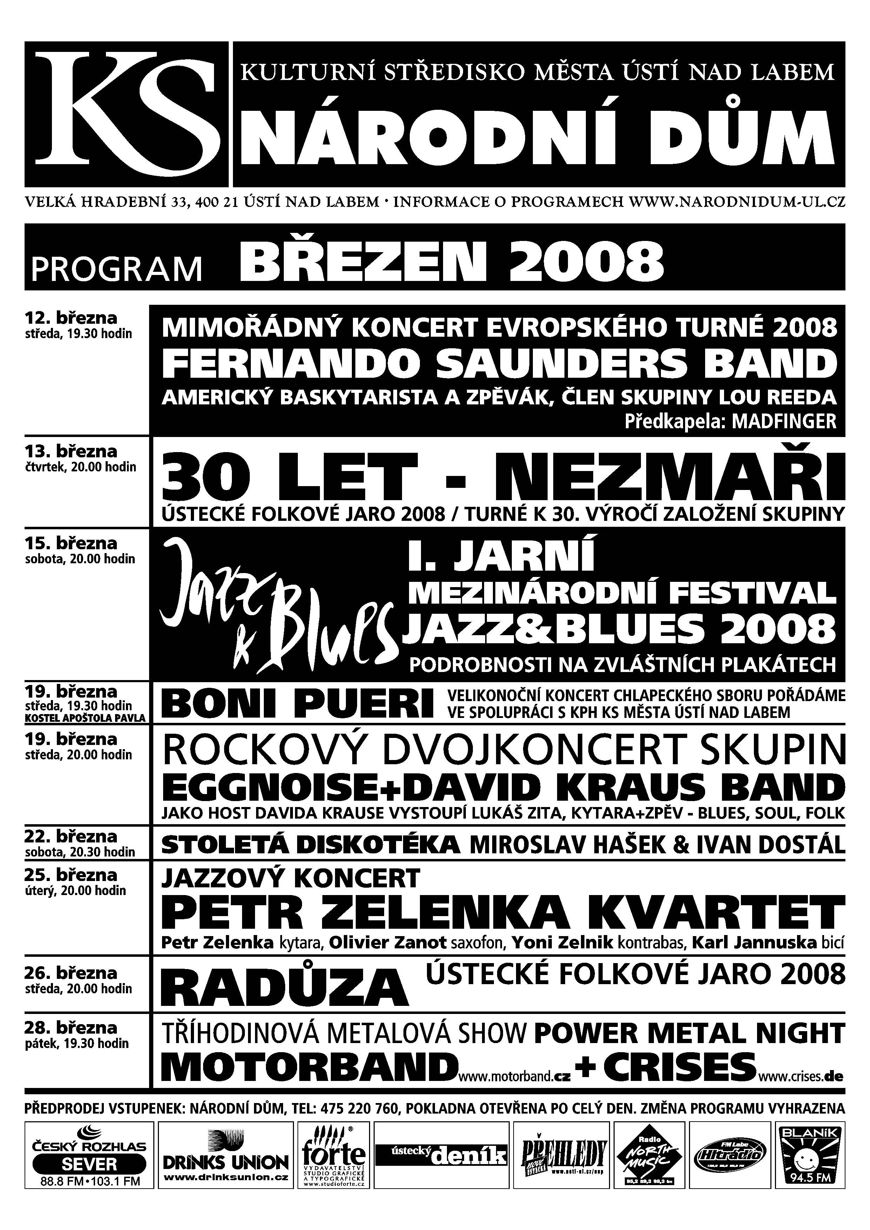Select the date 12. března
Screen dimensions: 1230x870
coord(71,318)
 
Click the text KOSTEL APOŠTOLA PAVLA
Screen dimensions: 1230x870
coord(86,718)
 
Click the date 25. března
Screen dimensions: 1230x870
coord(71,875)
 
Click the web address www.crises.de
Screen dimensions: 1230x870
coord(802,1075)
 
